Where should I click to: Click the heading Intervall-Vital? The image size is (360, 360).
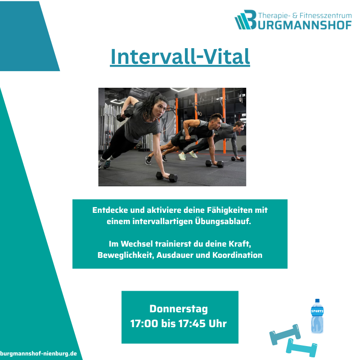tap(180, 57)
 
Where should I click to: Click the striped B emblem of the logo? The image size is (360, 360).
tap(246, 20)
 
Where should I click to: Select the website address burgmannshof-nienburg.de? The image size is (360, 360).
tap(38, 354)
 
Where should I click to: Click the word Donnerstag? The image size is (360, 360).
tap(179, 309)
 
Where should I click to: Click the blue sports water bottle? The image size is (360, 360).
tap(317, 316)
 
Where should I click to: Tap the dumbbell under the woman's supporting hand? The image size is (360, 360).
tap(167, 176)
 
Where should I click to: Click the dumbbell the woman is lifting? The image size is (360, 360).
tap(122, 117)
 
